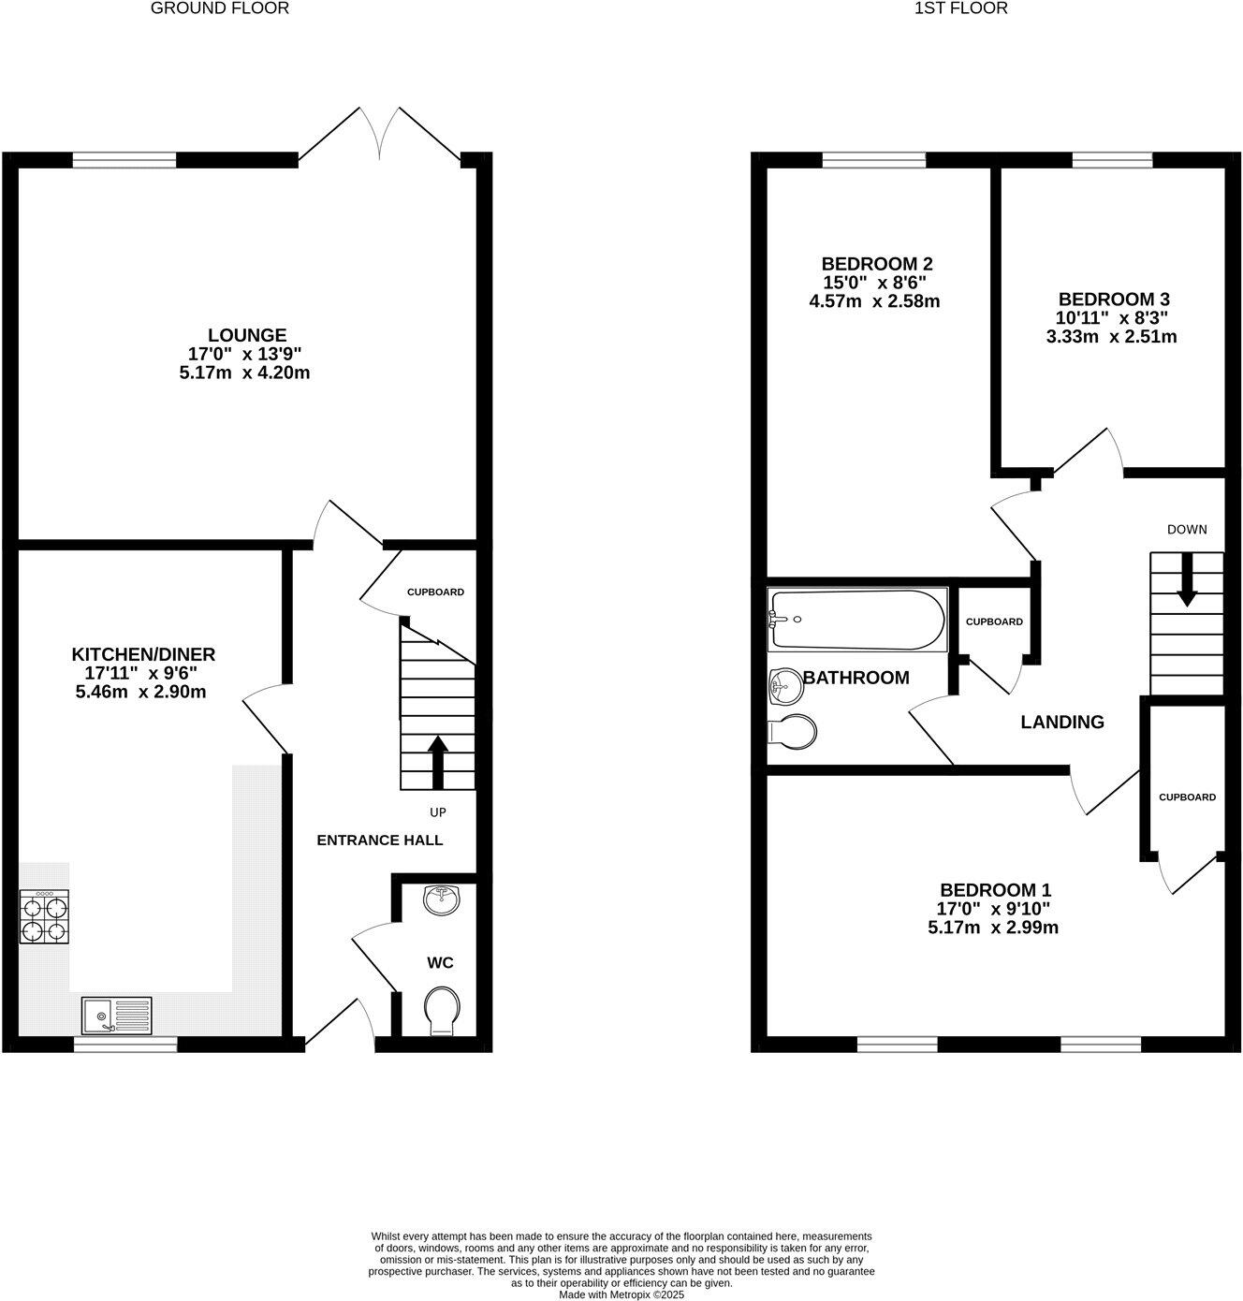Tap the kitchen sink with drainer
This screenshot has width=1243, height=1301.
pos(117,1015)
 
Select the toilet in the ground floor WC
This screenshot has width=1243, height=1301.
pos(442,1012)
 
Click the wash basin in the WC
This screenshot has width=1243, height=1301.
pos(441,900)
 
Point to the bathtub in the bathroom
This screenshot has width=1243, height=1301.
pos(857,620)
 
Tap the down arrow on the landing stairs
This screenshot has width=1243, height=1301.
pos(1186,579)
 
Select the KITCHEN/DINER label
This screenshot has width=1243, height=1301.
pos(144,654)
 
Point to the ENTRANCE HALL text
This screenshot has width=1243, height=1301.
pos(379,840)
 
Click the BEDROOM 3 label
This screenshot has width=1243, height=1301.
pos(1114,300)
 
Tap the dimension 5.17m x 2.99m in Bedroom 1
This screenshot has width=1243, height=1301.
pos(994,928)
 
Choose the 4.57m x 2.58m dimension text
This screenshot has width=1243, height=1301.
pos(874,301)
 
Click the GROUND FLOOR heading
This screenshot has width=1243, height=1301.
pos(220,8)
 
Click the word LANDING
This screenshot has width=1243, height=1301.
pos(1062,722)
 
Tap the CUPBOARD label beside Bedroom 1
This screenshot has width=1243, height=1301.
pos(1187,797)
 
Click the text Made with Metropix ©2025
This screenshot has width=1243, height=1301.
pos(621,1294)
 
